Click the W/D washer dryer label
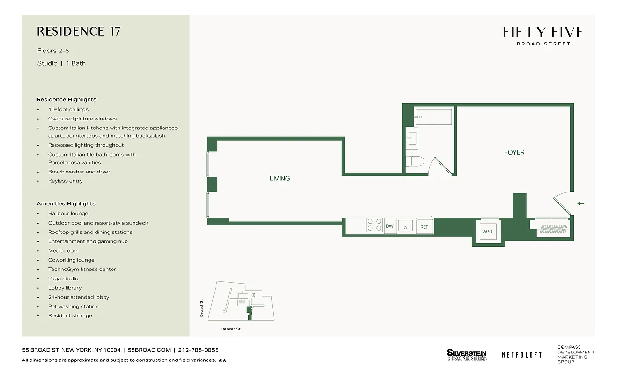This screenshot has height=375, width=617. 488,231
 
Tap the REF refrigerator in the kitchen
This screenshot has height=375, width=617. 424,227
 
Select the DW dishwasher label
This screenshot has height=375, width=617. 389,226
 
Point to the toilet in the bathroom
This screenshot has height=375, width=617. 415,162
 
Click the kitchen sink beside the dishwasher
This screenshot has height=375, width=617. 406,226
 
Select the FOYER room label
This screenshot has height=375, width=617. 514,152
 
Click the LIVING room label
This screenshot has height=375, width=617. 279,178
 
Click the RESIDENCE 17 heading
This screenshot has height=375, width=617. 79,31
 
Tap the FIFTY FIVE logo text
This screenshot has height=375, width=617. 543,32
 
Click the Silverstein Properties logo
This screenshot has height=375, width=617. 467,355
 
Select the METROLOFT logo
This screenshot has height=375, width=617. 521,355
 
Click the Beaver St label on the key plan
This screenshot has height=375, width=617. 230,329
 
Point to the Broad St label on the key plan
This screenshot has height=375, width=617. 201,308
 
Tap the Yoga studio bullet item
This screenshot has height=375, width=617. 63,278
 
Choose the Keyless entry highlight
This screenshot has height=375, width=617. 65,181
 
